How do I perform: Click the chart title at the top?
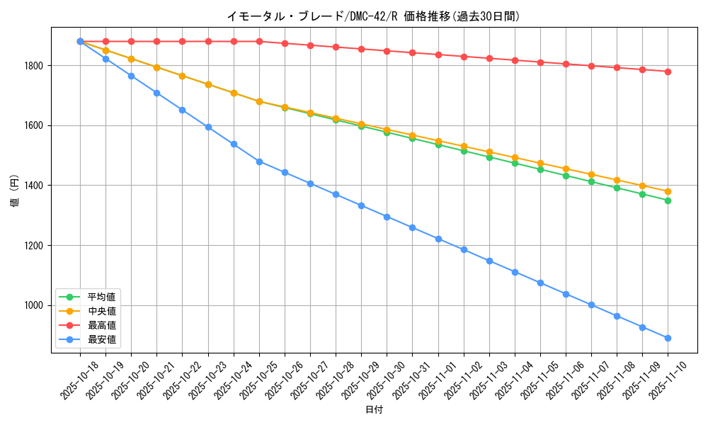click(x=373, y=16)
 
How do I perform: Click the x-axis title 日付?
click(x=374, y=410)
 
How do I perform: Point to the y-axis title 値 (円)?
click(x=14, y=191)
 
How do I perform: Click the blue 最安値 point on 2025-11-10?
click(x=668, y=338)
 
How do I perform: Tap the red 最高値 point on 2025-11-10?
click(x=668, y=72)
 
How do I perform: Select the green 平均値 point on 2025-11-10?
click(x=668, y=200)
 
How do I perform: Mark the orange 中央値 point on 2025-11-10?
click(x=668, y=191)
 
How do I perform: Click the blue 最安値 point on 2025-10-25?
click(x=259, y=161)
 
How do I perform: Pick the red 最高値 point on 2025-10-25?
click(x=259, y=41)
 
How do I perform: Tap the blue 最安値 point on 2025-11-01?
click(x=438, y=239)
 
